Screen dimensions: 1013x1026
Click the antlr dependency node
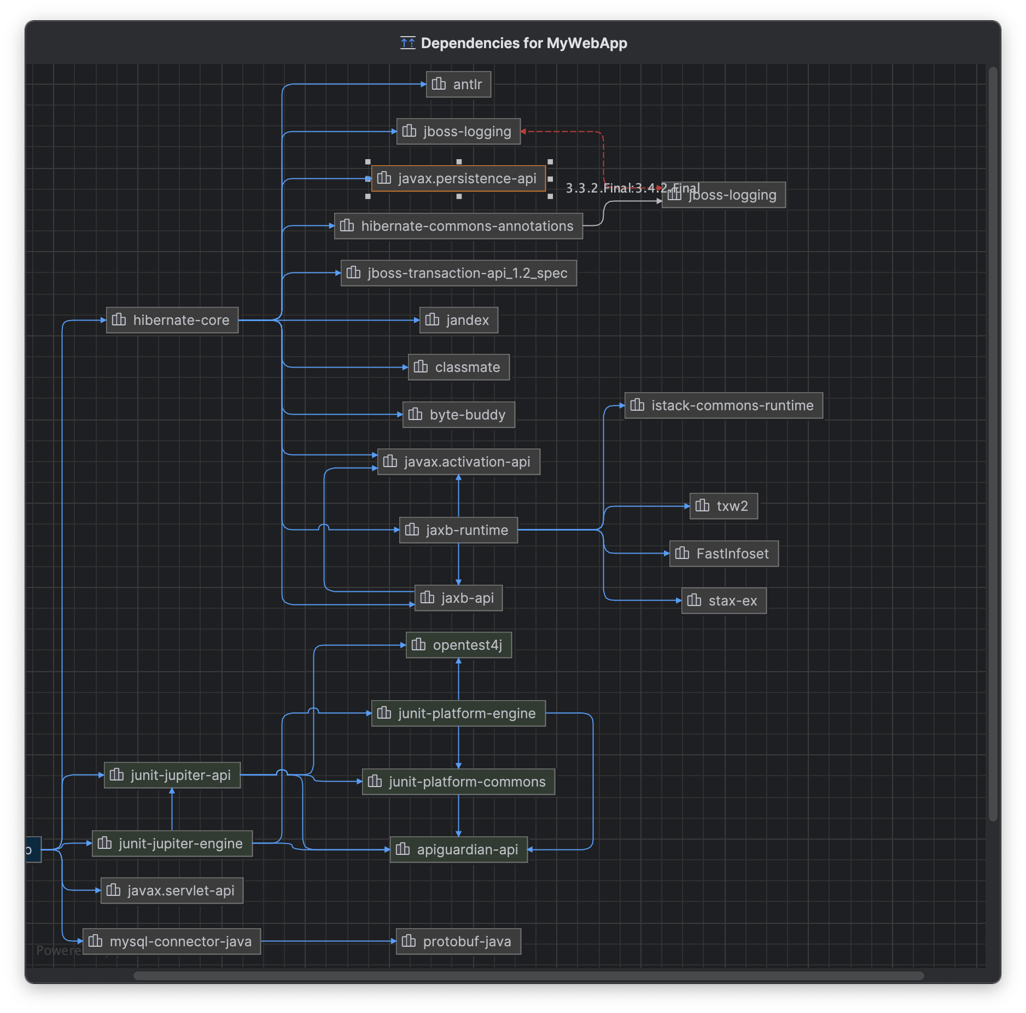(458, 84)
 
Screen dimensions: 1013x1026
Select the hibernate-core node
(172, 320)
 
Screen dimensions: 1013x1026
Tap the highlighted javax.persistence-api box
(458, 179)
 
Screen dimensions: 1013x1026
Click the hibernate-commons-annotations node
(458, 226)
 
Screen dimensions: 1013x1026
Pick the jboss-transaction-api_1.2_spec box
(458, 273)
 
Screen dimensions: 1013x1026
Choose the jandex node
(458, 320)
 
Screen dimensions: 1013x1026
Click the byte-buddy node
(458, 415)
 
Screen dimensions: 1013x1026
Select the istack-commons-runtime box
(723, 405)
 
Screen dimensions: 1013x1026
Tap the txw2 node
(723, 506)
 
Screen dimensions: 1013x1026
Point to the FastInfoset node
(723, 554)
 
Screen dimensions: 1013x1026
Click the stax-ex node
(723, 601)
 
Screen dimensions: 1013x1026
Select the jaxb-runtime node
(458, 530)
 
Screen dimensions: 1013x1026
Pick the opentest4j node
(458, 645)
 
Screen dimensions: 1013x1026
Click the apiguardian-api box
(458, 849)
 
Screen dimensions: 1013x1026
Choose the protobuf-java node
(458, 941)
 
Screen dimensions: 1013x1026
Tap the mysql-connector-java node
(172, 941)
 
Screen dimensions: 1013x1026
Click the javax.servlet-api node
(172, 890)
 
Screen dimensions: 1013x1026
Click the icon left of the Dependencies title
(407, 43)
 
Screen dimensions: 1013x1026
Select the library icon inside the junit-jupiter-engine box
(104, 843)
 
